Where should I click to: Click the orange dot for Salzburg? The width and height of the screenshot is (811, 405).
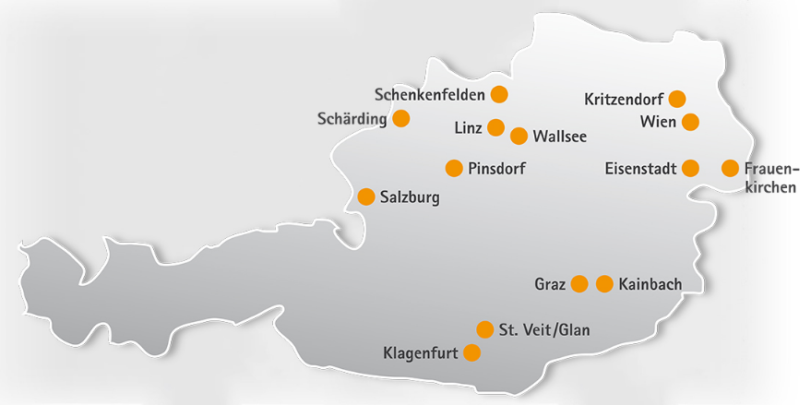(x=365, y=197)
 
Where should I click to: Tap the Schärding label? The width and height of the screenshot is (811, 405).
(x=351, y=119)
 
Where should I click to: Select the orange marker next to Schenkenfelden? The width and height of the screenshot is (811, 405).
(x=499, y=94)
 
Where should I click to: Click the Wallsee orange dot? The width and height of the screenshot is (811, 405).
(x=519, y=136)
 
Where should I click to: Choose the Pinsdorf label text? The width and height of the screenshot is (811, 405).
(x=496, y=168)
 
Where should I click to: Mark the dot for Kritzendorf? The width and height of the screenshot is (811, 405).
(x=677, y=99)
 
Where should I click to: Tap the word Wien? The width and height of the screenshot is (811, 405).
(x=658, y=122)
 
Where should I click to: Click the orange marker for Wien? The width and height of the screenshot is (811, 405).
(x=689, y=122)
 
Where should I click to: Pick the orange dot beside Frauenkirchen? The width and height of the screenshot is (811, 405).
(x=730, y=168)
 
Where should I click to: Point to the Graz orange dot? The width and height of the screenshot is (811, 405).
(x=579, y=284)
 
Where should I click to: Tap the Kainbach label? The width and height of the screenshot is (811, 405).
(x=650, y=284)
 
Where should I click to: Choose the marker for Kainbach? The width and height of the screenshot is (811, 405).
(x=604, y=284)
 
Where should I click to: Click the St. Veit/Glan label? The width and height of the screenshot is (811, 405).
(x=543, y=330)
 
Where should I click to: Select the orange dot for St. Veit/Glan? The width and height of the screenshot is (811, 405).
(x=485, y=329)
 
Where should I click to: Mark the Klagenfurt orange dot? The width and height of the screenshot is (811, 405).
(x=471, y=352)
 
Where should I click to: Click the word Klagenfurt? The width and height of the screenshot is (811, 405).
(x=421, y=353)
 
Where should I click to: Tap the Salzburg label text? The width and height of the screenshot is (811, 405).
(x=410, y=197)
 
